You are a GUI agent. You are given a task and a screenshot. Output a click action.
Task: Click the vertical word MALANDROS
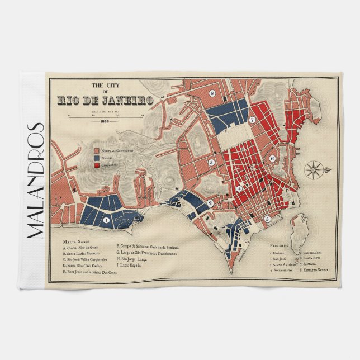pos(35,179)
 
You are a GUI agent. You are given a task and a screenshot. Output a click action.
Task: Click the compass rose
pos(314,168)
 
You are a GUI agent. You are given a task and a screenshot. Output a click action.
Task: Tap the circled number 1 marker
pos(106,220)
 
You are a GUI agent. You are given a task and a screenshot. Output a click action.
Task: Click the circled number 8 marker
pos(212,93)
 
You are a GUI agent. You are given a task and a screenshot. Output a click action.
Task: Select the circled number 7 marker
pos(253,120)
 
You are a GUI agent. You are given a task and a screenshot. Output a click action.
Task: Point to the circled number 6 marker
pos(272,158)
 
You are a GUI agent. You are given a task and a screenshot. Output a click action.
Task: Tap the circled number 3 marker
pos(211,163)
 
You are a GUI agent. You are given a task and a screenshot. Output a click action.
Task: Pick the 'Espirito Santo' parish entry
pos(315,270)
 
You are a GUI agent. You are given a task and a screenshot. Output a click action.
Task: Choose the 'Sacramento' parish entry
pos(282,270)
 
